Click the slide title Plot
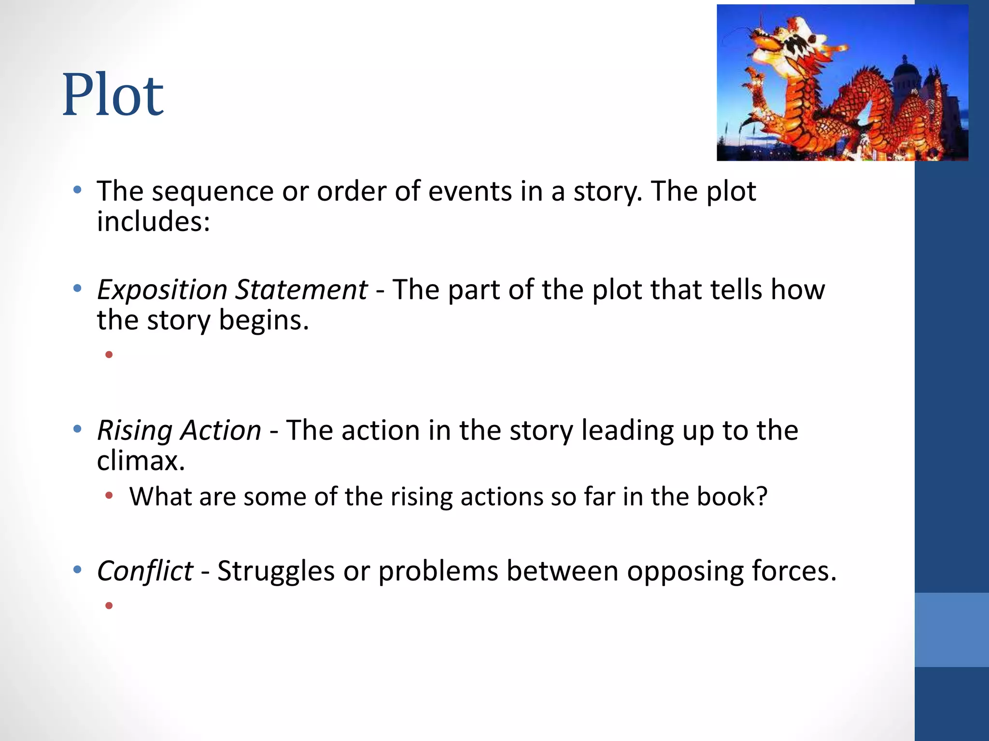[113, 95]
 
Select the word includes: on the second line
[153, 222]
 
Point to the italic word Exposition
[162, 290]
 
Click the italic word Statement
[301, 290]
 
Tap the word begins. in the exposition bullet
[263, 321]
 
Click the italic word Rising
[135, 430]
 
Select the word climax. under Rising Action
[141, 461]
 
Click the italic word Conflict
[145, 572]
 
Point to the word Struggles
[276, 572]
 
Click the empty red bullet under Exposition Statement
[109, 355]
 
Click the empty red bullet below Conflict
[109, 605]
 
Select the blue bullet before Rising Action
[77, 429]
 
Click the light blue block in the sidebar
[951, 630]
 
